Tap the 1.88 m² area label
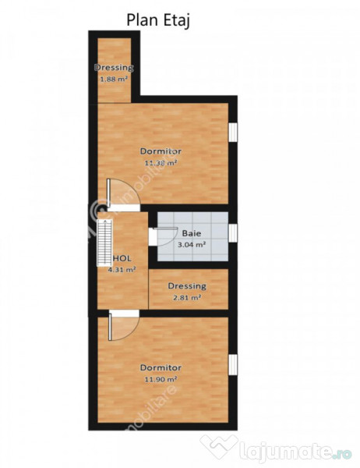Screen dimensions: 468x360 112,78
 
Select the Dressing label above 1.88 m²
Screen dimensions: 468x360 114,67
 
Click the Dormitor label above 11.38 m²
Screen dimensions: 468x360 161,151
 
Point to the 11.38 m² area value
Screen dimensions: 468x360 161,163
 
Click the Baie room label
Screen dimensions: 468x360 191,232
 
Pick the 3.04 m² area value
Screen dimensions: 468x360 190,244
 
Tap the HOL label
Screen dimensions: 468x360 122,257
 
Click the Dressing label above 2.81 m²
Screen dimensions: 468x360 187,285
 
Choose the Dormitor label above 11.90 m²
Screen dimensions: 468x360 161,367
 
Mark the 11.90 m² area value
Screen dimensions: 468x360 161,379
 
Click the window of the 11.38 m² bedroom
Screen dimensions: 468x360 232,132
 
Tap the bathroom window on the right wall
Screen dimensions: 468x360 232,233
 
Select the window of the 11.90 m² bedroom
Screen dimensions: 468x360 232,364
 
